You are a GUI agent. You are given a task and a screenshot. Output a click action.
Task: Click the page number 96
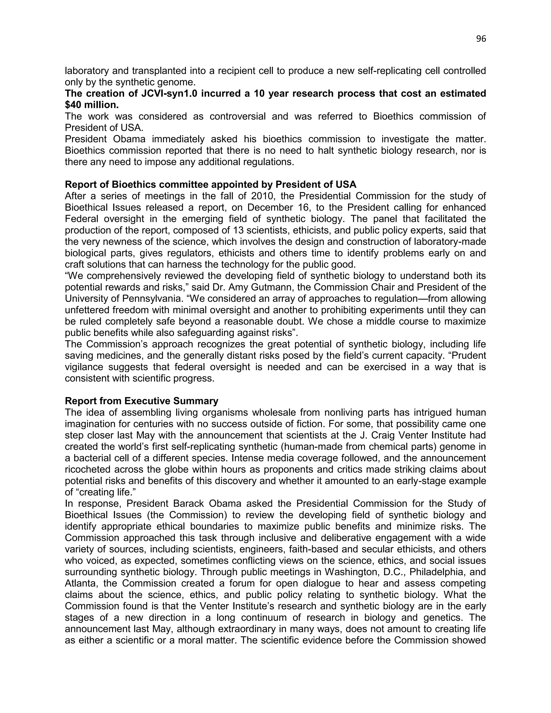[481, 39]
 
